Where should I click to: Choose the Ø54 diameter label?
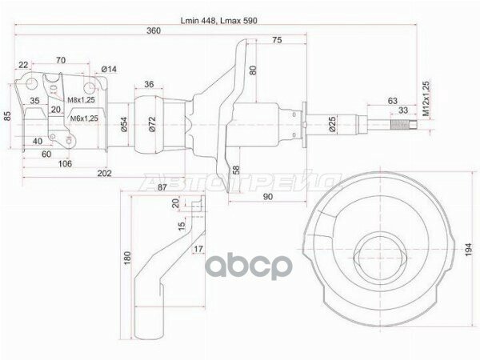point(125,123)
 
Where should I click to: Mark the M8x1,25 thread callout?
point(81,99)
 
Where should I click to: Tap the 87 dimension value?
point(162,187)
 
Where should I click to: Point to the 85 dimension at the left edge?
point(8,118)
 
